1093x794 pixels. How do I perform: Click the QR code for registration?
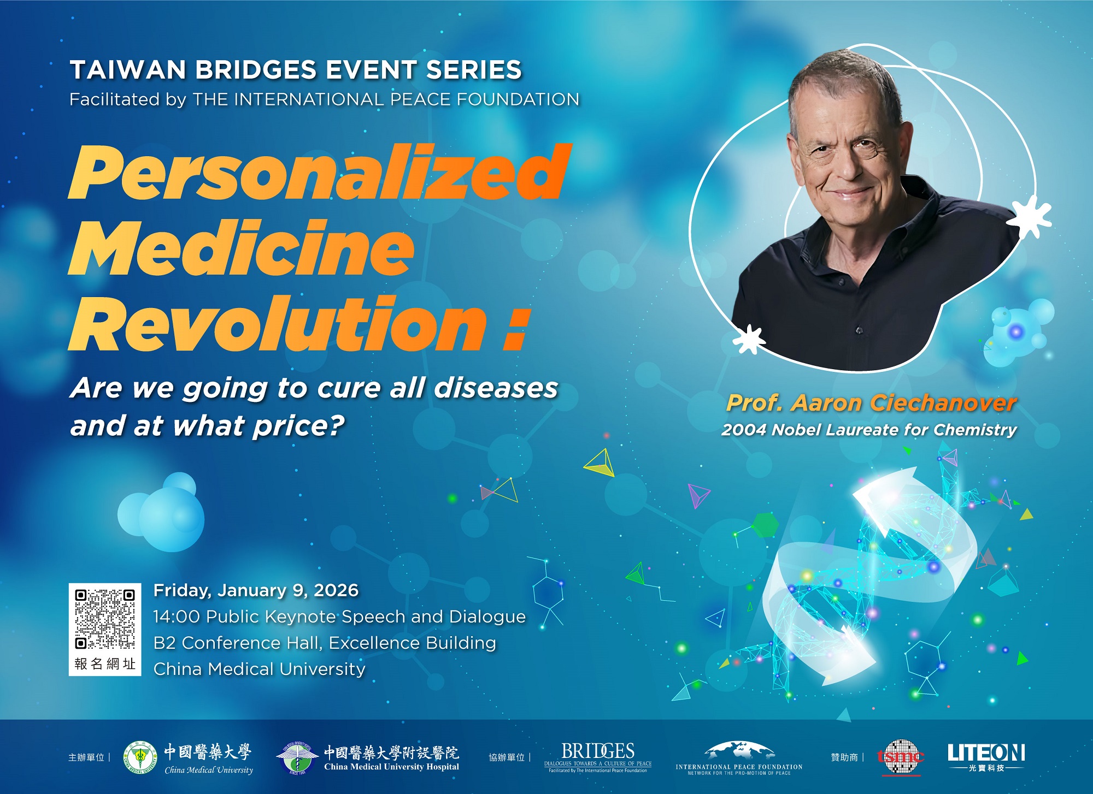(104, 618)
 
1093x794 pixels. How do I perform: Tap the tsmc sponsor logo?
(901, 757)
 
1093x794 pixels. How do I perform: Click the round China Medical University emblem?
(142, 757)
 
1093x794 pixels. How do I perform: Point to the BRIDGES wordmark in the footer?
(598, 751)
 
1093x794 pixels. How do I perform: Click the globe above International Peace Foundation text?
(739, 750)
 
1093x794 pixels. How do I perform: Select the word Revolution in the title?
(278, 323)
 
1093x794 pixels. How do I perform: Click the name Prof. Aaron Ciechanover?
(871, 403)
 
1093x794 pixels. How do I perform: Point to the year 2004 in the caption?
(744, 430)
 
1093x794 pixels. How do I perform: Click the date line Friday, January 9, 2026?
(256, 590)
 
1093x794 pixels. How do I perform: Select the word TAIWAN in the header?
(128, 70)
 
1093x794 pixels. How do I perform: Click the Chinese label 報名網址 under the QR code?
(104, 663)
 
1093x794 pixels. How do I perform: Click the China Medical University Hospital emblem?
(297, 757)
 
